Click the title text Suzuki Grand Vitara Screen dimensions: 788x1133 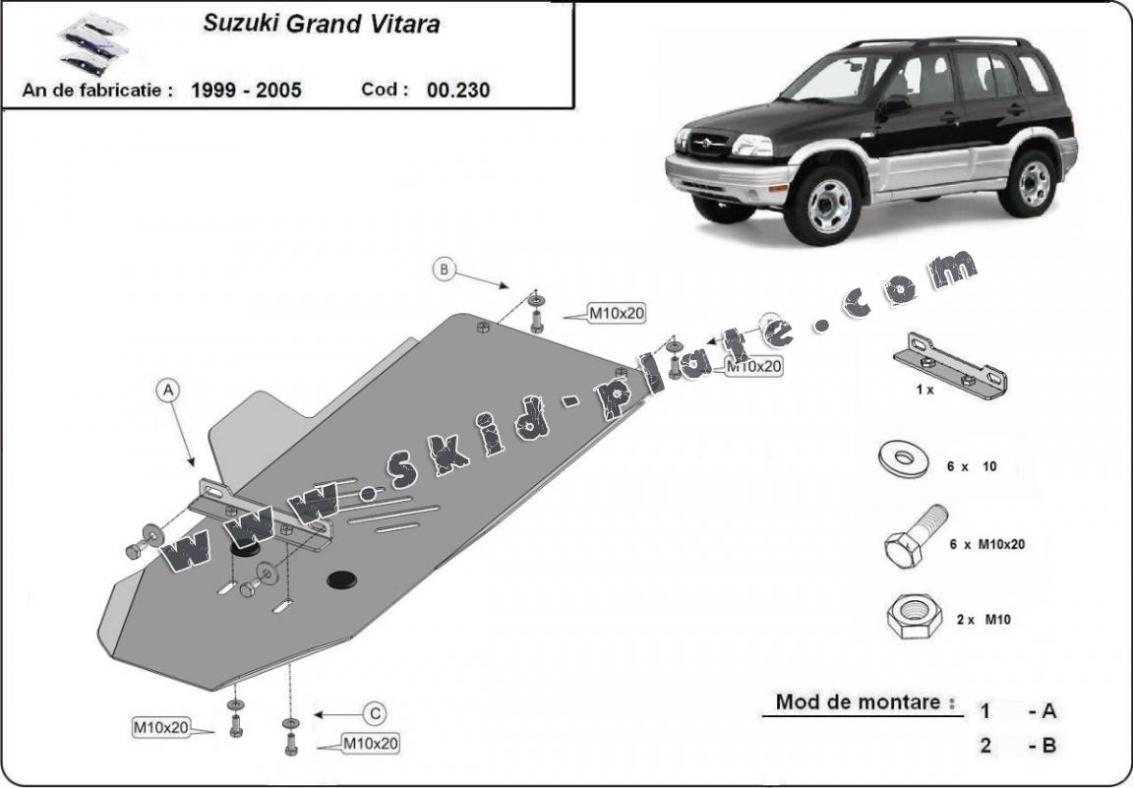321,25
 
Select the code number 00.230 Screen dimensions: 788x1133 458,90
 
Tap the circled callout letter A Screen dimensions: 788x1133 168,392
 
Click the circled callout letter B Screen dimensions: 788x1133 445,269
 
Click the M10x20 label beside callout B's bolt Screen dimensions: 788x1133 617,314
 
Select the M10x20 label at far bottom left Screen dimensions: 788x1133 160,728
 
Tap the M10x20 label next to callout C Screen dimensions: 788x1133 371,744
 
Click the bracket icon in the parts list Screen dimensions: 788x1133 950,365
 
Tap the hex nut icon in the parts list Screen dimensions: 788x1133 908,616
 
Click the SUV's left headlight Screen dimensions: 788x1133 753,147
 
